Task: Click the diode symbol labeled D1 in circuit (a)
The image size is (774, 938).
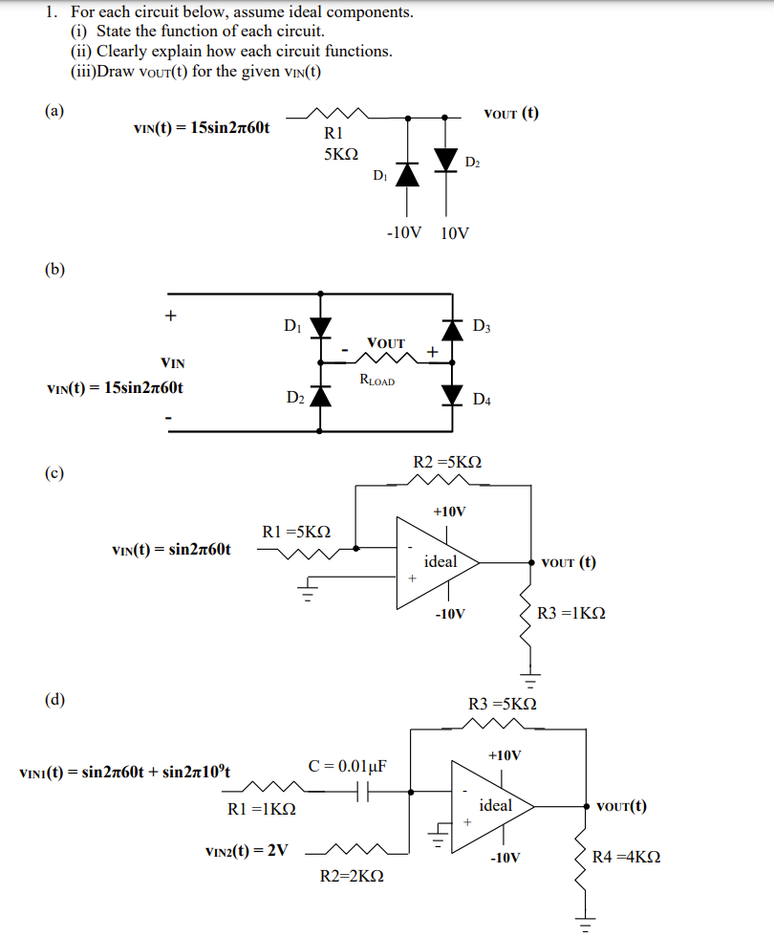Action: pos(409,174)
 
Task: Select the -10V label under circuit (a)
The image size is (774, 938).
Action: pos(403,232)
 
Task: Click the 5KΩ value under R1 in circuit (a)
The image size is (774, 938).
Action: pos(340,153)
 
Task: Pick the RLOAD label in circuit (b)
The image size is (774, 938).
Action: pos(377,380)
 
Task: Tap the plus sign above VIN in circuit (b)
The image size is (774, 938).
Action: pos(170,315)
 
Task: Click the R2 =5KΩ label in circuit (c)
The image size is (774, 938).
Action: pos(447,462)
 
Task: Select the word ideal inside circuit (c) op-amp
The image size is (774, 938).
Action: pos(441,561)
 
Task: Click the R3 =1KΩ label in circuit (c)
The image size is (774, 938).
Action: pos(571,612)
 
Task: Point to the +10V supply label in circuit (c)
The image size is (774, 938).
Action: pos(449,512)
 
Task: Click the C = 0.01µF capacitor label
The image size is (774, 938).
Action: pos(347,766)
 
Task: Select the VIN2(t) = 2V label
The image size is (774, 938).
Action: pos(247,850)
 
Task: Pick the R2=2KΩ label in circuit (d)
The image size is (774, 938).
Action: pos(351,875)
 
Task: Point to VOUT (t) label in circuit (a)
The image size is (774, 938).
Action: pos(511,114)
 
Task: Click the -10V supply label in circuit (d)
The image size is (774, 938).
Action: pos(505,858)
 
